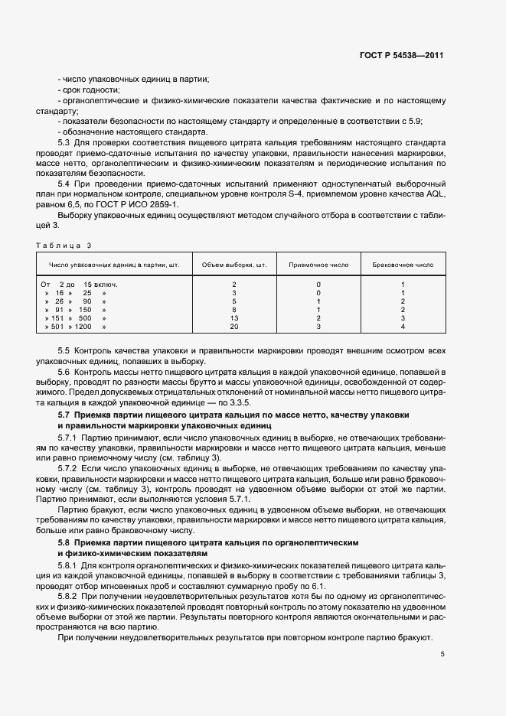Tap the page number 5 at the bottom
point(442,654)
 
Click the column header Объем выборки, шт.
point(233,265)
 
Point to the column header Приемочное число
point(318,265)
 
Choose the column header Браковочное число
point(403,265)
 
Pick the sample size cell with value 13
point(233,317)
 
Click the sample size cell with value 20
point(233,326)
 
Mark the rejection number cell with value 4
point(403,326)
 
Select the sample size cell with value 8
point(233,309)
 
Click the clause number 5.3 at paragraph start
point(64,142)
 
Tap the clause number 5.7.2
point(70,467)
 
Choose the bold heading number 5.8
point(64,541)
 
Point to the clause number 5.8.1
point(70,565)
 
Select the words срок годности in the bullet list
point(90,90)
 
